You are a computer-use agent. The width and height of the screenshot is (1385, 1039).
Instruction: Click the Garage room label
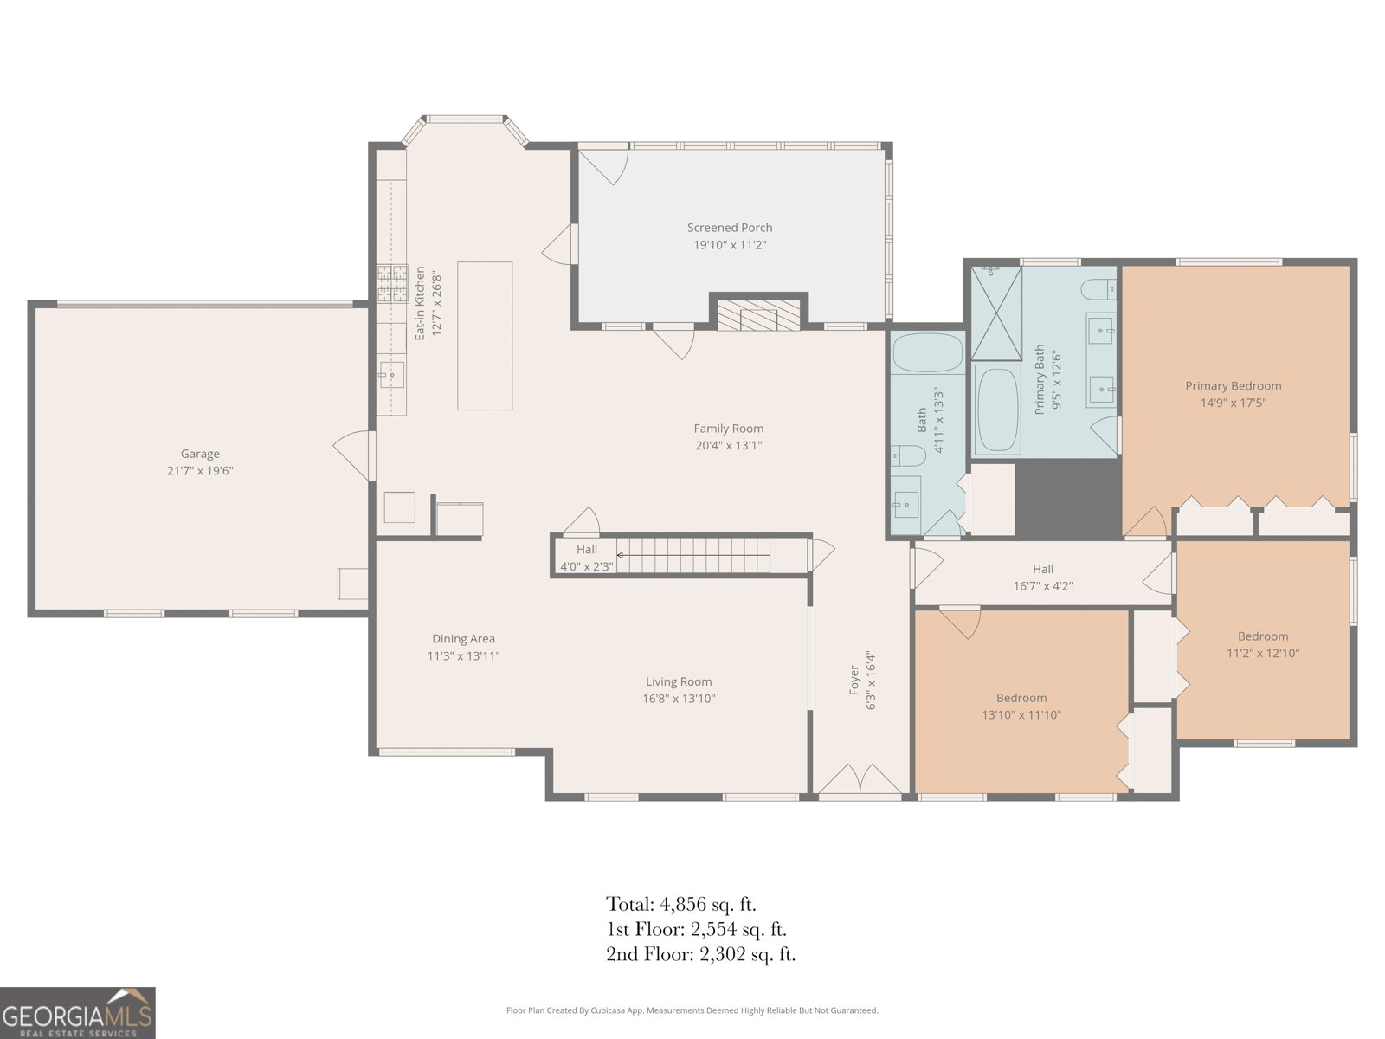[x=200, y=454]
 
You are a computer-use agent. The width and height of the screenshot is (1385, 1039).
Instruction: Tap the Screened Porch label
[x=730, y=228]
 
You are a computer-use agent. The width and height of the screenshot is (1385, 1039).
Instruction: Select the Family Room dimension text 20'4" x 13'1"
[x=729, y=445]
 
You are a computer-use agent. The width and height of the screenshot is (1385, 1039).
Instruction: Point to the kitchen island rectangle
[x=485, y=336]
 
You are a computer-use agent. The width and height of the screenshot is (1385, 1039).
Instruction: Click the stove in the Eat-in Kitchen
[x=392, y=284]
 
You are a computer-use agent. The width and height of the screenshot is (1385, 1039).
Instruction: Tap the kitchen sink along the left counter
[x=391, y=375]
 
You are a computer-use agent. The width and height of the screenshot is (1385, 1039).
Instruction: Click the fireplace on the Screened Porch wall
[x=757, y=315]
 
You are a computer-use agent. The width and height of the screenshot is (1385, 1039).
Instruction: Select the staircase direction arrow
[x=692, y=555]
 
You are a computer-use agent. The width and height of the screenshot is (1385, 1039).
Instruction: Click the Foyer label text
[x=854, y=680]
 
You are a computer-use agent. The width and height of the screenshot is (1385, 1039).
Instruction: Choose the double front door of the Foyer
[x=860, y=779]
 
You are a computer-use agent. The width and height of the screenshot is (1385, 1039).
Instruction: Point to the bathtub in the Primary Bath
[x=997, y=410]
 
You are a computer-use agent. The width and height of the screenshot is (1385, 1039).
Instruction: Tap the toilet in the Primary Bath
[x=1098, y=289]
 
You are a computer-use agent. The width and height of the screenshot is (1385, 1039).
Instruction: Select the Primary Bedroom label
[x=1233, y=386]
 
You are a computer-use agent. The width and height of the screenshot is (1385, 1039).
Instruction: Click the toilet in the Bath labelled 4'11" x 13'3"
[x=908, y=455]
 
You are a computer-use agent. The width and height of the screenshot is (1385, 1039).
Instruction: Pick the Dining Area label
[x=463, y=639]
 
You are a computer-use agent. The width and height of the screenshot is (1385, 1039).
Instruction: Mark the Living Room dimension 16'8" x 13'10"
[x=679, y=699]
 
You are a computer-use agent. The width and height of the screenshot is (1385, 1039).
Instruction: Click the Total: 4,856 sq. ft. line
[x=681, y=904]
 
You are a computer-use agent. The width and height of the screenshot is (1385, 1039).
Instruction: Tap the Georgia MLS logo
[x=78, y=1012]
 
